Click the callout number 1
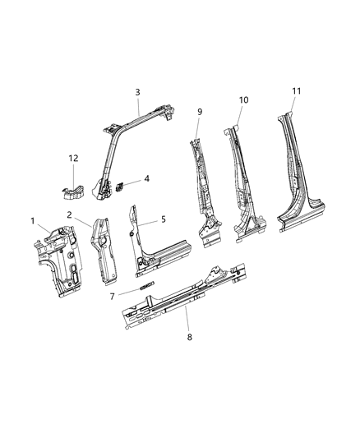pyautogui.click(x=34, y=220)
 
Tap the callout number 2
pyautogui.click(x=71, y=214)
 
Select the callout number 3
pyautogui.click(x=137, y=92)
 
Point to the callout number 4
pyautogui.click(x=146, y=178)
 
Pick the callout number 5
pyautogui.click(x=163, y=219)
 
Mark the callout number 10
pyautogui.click(x=243, y=99)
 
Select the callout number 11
pyautogui.click(x=297, y=90)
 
